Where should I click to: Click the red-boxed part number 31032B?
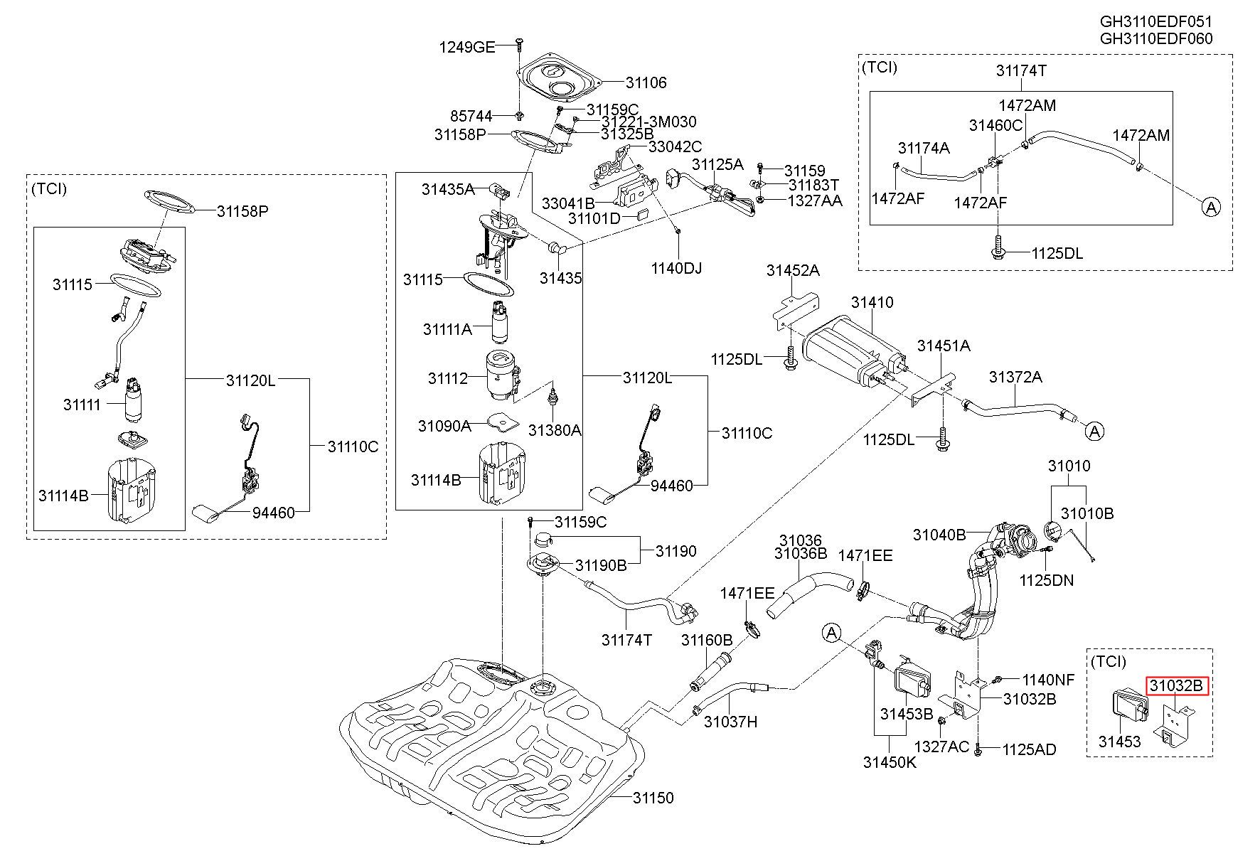(x=1176, y=685)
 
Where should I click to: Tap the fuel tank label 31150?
(x=653, y=798)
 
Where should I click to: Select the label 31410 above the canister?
(x=872, y=302)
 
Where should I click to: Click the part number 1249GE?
(x=467, y=48)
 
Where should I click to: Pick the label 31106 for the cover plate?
(x=646, y=82)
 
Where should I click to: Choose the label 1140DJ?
(x=676, y=269)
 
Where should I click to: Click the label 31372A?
(x=1015, y=377)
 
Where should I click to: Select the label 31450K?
(x=890, y=762)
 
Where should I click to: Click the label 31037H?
(x=731, y=722)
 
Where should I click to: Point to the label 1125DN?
(x=1047, y=581)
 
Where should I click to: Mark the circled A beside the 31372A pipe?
(x=1096, y=431)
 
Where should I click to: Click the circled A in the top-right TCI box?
(x=1211, y=207)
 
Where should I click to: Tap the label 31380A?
(x=555, y=429)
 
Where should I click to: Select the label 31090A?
(x=444, y=426)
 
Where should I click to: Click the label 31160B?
(x=707, y=640)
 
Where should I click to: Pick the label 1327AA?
(x=815, y=200)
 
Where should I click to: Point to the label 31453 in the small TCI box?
(x=1119, y=742)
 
